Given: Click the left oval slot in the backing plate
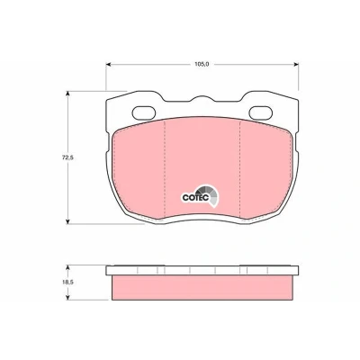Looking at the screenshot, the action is (x=144, y=113).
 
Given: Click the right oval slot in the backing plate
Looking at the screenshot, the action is (x=261, y=113).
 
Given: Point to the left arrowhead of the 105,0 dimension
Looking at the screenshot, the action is (x=109, y=64).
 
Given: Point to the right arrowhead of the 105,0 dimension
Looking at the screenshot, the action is (x=296, y=64).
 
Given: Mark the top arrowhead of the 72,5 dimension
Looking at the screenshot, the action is (x=67, y=94).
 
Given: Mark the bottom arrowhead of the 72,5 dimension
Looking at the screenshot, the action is (x=67, y=221).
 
